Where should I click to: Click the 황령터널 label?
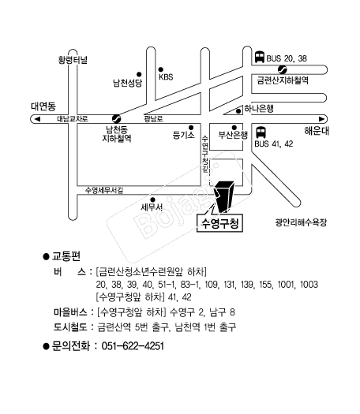(x=73, y=60)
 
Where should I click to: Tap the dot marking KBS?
(x=161, y=69)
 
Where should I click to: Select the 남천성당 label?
(x=128, y=83)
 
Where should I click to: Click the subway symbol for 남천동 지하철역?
(x=116, y=118)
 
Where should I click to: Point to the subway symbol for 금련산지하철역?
(x=283, y=69)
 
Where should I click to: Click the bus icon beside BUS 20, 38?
(x=260, y=57)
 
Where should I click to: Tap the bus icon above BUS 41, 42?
(x=261, y=132)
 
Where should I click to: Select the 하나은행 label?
(x=259, y=109)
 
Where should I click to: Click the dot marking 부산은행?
(x=234, y=128)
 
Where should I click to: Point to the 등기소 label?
(x=183, y=135)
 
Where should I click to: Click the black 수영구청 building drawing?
(x=224, y=196)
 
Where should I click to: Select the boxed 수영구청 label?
(x=220, y=224)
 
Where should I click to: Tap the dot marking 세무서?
(x=152, y=200)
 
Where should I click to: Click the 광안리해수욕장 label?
(x=301, y=222)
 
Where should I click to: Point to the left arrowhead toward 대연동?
(x=37, y=119)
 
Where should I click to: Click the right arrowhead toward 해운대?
(x=321, y=119)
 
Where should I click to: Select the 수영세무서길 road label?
(x=104, y=190)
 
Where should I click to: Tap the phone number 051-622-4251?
(x=133, y=346)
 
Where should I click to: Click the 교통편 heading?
(x=66, y=256)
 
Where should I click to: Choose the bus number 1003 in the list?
(x=309, y=285)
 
